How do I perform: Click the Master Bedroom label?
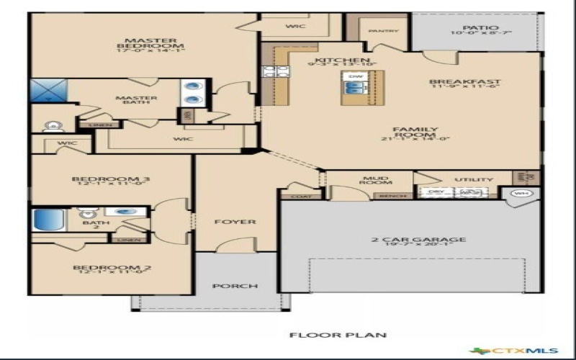141,45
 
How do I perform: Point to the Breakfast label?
464,84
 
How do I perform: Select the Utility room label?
474,179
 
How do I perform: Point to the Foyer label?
235,221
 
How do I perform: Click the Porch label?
235,286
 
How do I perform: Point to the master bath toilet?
52,127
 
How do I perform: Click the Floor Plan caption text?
338,335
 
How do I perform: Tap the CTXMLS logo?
523,351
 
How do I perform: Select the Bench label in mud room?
392,195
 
